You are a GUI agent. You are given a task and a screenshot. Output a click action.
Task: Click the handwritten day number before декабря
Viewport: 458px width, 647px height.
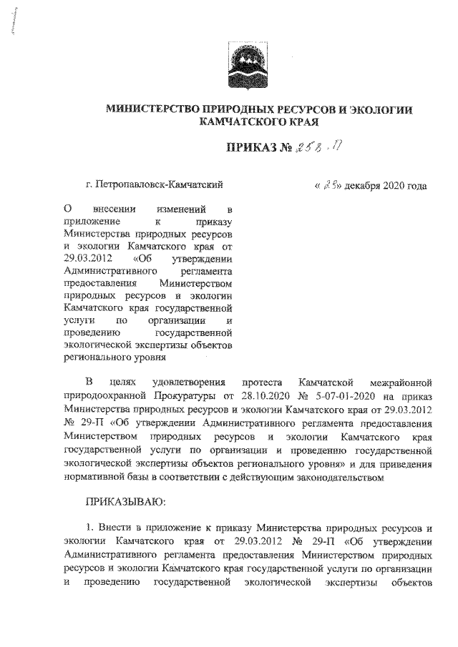click(331, 186)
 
